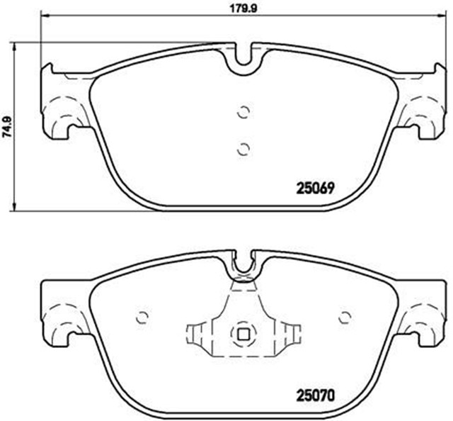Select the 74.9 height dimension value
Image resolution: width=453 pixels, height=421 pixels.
[x=6, y=125]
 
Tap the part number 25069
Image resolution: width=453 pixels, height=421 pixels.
[x=314, y=189]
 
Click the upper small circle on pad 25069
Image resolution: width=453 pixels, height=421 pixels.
[x=243, y=111]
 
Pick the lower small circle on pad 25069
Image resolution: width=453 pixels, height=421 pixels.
[x=243, y=147]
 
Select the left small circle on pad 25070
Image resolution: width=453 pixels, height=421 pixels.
[x=142, y=317]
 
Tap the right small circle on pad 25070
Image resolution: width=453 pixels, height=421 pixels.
[x=345, y=317]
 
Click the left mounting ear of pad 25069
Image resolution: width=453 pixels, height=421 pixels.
[x=64, y=103]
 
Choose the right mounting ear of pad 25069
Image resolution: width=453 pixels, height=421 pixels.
[x=423, y=103]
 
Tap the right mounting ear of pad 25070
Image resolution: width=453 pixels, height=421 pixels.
[x=423, y=312]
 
